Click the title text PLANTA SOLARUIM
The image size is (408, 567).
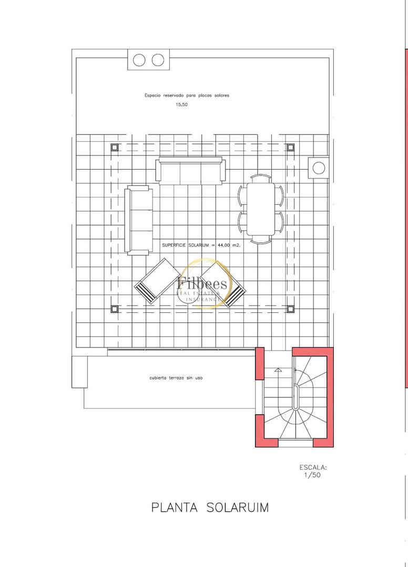(x=210, y=508)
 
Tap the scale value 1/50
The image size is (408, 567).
(x=312, y=475)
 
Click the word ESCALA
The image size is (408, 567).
(x=313, y=467)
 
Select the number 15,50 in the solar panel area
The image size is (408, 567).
(x=181, y=104)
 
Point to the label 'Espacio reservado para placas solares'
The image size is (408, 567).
(x=187, y=96)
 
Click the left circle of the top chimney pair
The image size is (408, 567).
(x=139, y=60)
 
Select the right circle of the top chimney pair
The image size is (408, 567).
(x=158, y=60)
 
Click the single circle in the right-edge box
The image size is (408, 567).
(x=319, y=168)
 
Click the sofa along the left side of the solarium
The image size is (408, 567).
(x=139, y=220)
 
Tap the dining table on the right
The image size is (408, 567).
(x=261, y=207)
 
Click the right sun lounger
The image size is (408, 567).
(x=223, y=283)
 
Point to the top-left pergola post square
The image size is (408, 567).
(x=115, y=147)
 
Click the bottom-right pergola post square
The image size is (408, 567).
(x=290, y=309)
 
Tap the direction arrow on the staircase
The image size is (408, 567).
(x=278, y=370)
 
